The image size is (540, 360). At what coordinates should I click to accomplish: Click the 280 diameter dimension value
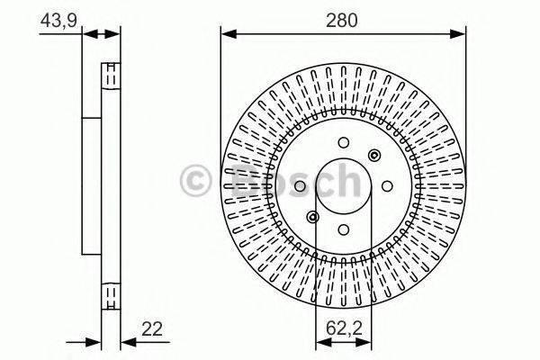(x=343, y=20)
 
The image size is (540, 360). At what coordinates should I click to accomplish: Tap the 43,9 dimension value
(x=57, y=20)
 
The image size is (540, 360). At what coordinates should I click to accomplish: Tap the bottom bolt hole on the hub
(x=344, y=228)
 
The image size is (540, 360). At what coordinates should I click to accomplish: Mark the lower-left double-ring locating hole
(x=312, y=216)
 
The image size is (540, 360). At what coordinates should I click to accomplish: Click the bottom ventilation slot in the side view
(x=110, y=295)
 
